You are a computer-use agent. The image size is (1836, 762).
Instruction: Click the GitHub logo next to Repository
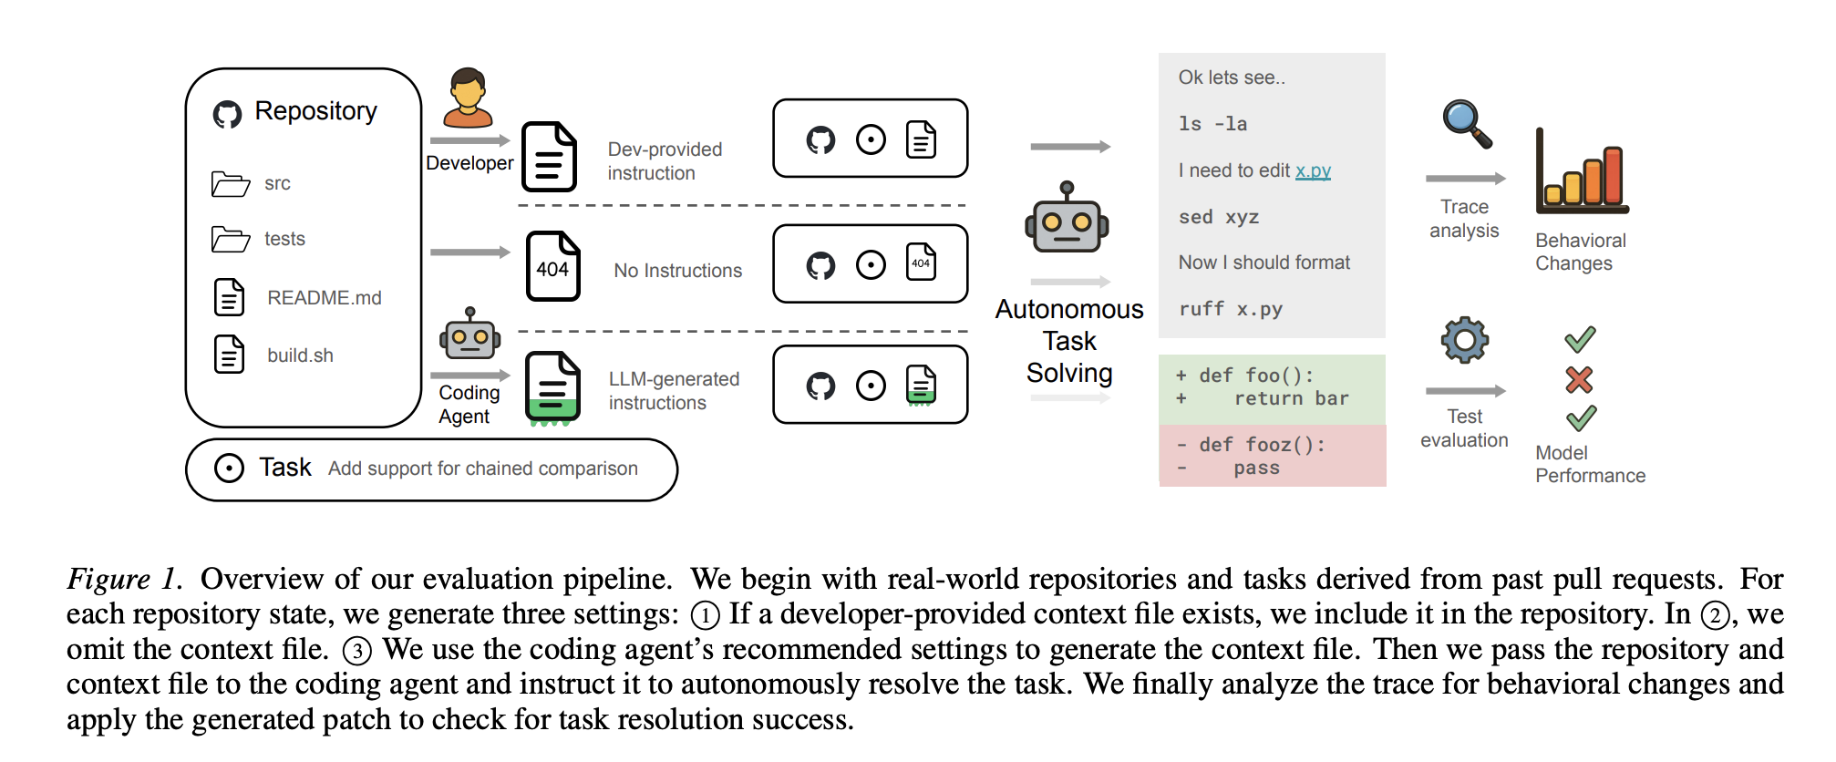[227, 114]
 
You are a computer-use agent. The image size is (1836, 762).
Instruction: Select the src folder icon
[230, 183]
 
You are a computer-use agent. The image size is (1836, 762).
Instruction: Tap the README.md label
[324, 298]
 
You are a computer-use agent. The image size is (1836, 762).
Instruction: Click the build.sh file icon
[229, 355]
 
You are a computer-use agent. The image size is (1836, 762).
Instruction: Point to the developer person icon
[468, 98]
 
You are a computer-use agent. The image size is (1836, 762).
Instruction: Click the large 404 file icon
[552, 266]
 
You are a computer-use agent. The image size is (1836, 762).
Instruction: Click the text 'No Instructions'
[677, 271]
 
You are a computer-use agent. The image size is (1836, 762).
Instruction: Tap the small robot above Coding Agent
[469, 335]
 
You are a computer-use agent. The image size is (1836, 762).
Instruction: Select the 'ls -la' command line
[1212, 124]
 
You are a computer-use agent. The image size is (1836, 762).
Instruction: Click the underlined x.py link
[1313, 170]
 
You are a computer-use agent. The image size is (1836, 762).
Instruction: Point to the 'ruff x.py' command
[1230, 309]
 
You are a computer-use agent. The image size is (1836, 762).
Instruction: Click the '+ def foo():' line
[1245, 376]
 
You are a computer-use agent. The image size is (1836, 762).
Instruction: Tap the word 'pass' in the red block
[1256, 469]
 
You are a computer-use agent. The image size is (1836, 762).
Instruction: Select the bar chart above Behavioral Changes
[1582, 173]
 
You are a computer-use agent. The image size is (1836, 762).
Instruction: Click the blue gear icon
[1464, 340]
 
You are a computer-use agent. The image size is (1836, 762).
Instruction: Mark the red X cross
[1579, 379]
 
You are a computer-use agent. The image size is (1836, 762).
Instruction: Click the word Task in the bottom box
[284, 468]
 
